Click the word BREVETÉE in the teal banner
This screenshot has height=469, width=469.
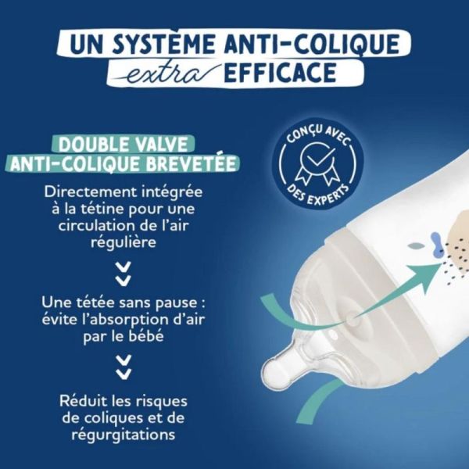pyautogui.click(x=196, y=164)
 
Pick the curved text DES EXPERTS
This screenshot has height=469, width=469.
pyautogui.click(x=316, y=191)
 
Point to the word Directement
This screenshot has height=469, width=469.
pyautogui.click(x=84, y=191)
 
